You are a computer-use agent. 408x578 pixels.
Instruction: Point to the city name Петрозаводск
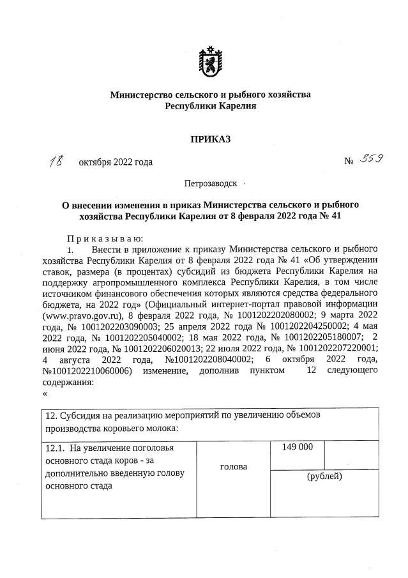click(x=210, y=183)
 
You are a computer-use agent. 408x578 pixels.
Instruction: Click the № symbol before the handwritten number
click(x=349, y=162)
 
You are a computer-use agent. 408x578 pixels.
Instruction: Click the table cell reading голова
click(x=234, y=467)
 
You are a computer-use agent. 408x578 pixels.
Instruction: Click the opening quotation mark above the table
click(x=45, y=393)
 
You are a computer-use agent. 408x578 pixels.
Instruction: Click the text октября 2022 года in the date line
click(x=116, y=162)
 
